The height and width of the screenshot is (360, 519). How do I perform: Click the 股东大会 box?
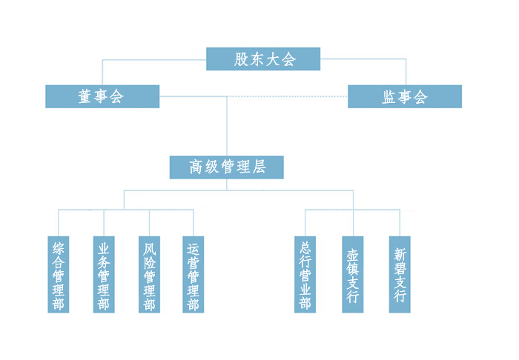coord(263,59)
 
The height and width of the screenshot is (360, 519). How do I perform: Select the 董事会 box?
coord(102,96)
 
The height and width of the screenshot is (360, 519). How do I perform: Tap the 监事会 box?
coord(405,96)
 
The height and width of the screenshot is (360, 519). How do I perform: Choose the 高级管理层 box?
coord(227,167)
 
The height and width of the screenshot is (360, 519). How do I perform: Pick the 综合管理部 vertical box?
coord(59,274)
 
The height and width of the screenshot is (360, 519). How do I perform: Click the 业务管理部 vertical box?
coord(104,274)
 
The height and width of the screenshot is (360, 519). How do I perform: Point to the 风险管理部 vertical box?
coord(149,274)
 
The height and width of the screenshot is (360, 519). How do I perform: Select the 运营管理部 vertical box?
coord(194,274)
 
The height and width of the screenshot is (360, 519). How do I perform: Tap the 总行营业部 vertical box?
coord(305,274)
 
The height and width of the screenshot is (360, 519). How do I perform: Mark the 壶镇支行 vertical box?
coord(353,274)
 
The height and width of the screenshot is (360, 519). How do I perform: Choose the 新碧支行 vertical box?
coord(400,274)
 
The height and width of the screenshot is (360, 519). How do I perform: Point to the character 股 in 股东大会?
coord(242,59)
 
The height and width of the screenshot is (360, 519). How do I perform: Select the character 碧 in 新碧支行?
coord(400,268)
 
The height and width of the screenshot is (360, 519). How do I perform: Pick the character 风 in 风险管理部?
coord(149,248)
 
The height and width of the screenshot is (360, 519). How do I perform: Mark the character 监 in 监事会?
coord(389,97)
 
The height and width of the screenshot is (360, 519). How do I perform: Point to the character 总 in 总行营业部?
coord(305,247)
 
